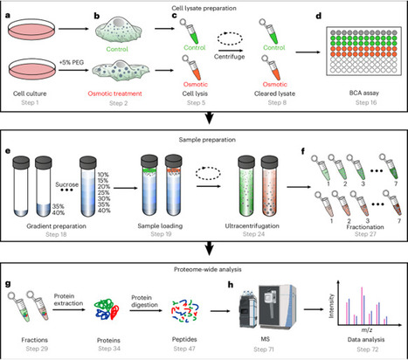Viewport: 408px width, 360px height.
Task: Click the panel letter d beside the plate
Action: pos(322,17)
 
